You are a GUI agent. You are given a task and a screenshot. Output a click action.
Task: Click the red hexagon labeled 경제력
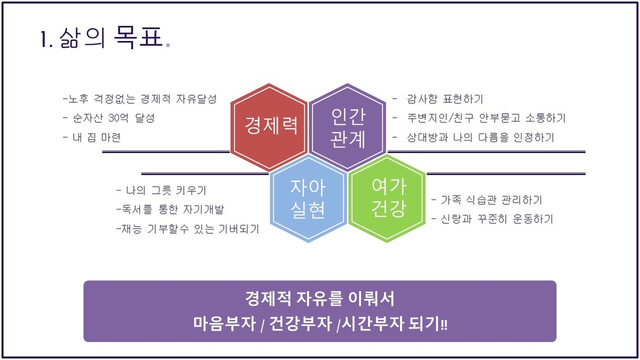point(269,127)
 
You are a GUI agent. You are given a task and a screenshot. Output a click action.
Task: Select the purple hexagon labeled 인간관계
point(347,127)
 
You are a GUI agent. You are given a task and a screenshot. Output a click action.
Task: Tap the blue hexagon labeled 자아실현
point(308,198)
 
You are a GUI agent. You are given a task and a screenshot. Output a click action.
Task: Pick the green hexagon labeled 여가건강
point(387,198)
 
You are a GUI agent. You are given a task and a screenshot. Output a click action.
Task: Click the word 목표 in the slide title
point(138,37)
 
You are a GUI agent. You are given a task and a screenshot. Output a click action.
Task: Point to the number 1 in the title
point(44,39)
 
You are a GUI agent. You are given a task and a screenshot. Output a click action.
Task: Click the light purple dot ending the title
point(168,45)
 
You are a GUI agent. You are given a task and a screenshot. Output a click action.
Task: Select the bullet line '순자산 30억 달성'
point(108,118)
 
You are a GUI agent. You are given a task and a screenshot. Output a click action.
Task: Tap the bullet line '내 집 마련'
point(92,137)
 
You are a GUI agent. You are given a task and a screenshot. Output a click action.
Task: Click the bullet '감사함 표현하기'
point(438,99)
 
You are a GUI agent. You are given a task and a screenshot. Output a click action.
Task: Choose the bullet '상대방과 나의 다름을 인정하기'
point(474,137)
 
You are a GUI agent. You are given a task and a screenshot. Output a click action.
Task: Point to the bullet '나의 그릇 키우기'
point(162,191)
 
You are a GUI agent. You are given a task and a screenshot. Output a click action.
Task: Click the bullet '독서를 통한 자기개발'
point(171,209)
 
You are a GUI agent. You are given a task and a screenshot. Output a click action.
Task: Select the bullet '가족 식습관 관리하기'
point(486,200)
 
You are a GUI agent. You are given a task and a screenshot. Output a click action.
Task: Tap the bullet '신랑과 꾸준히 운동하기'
point(492,219)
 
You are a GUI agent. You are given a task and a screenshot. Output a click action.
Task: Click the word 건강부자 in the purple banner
point(301,324)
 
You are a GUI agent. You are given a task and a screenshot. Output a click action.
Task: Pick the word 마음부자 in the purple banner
point(225,324)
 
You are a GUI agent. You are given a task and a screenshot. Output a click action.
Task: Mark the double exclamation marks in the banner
point(444,325)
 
